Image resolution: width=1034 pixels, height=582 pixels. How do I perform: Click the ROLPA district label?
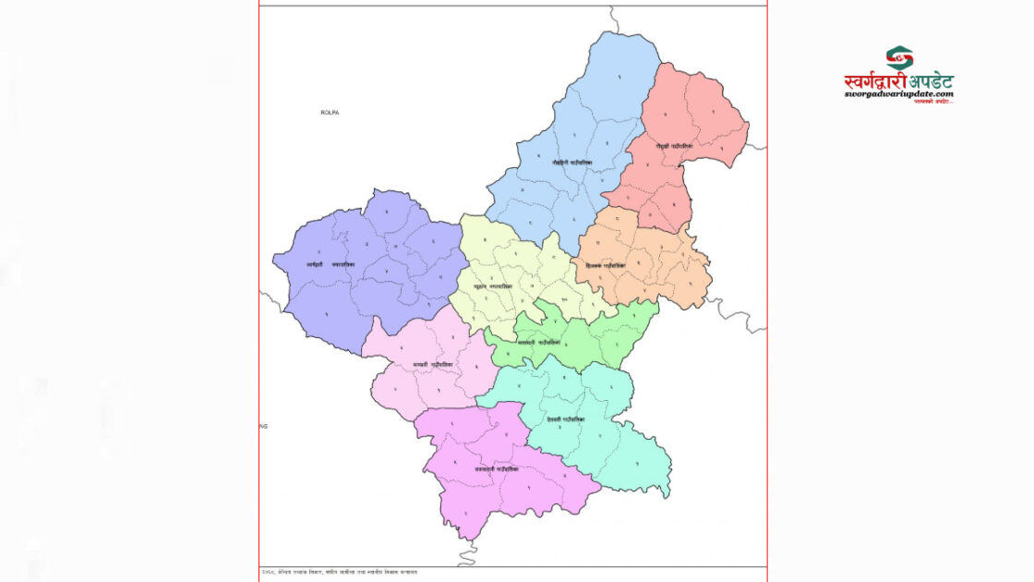coord(331,112)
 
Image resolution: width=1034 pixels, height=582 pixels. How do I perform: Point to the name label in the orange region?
coord(606,265)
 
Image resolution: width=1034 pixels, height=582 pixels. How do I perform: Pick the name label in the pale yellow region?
coord(493,287)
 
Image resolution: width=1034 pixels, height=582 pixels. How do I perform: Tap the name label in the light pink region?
coord(433,365)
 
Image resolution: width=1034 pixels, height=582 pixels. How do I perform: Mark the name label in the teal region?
coord(565,418)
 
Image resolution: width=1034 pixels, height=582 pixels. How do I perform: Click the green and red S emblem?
coord(899,58)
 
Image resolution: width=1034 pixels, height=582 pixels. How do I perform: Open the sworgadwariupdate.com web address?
coord(898,94)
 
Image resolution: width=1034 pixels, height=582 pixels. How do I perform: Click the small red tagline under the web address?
coord(933,101)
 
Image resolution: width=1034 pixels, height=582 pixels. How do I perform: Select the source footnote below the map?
coord(339,573)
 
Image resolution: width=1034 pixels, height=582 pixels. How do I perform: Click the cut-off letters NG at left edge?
coord(263,426)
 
